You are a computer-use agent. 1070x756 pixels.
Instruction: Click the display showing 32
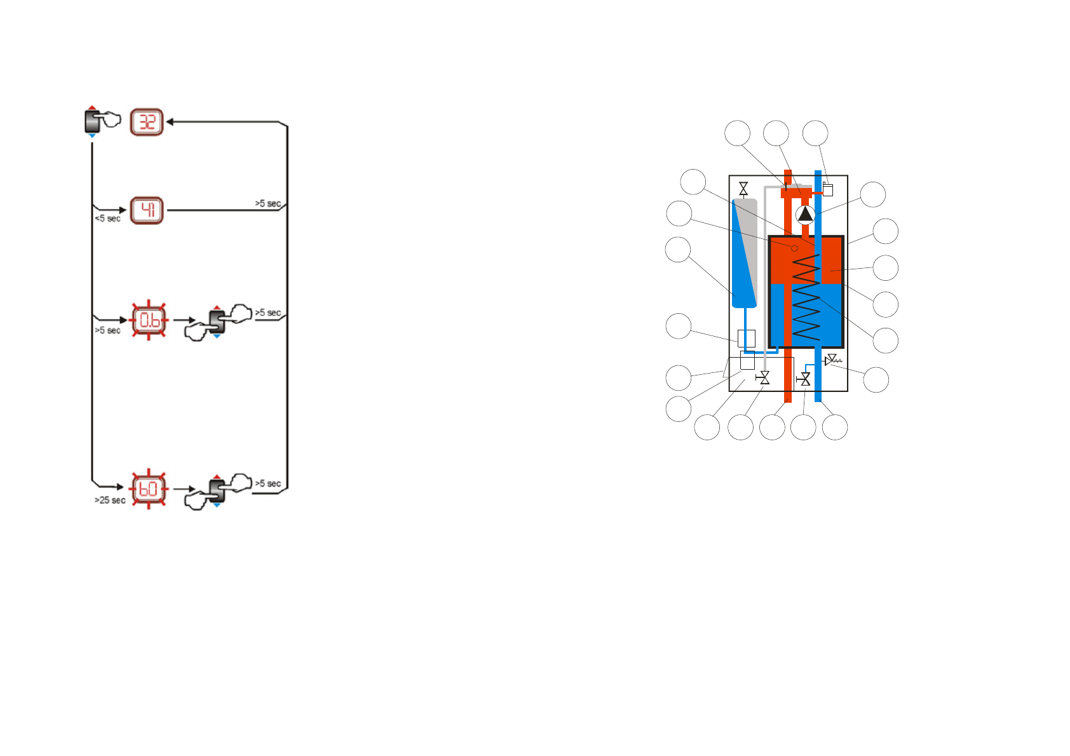[x=147, y=121]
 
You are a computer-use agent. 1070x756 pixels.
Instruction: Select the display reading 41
[x=147, y=210]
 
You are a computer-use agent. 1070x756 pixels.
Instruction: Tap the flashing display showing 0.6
[x=149, y=320]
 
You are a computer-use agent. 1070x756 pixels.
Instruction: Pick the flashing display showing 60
[x=149, y=489]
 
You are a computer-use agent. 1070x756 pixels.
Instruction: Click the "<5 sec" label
[x=107, y=219]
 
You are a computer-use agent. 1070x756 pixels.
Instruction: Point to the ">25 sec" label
[x=110, y=501]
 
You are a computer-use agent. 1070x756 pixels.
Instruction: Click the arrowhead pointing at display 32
[x=170, y=121]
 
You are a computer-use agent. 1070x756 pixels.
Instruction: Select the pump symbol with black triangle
[x=805, y=214]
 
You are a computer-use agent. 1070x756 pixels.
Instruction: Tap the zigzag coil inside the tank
[x=806, y=297]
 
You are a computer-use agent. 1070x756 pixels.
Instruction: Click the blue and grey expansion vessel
[x=745, y=253]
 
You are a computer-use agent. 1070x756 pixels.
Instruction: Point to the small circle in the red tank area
[x=794, y=248]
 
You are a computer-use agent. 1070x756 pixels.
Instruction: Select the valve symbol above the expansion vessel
[x=743, y=189]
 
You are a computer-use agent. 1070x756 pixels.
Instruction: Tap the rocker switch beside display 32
[x=93, y=121]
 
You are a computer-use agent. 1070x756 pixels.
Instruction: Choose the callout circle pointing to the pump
[x=872, y=194]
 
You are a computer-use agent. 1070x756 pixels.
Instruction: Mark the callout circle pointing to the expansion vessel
[x=678, y=250]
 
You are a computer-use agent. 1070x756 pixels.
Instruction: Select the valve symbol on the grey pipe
[x=764, y=379]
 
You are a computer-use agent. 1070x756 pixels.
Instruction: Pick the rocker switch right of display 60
[x=217, y=490]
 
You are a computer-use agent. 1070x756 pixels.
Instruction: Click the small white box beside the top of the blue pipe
[x=827, y=189]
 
